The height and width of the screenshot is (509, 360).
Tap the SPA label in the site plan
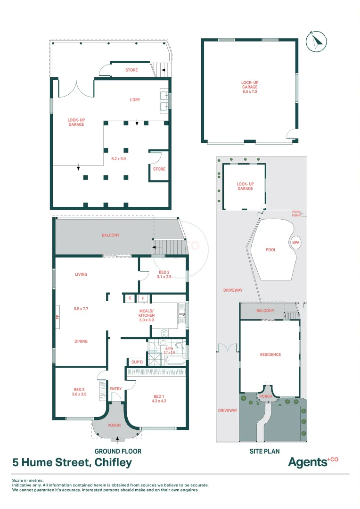point(296,242)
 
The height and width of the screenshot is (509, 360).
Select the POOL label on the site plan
point(270,250)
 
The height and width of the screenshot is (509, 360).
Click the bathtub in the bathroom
point(175,361)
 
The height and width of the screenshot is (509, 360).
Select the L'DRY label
point(135,100)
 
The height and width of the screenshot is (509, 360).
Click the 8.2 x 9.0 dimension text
point(118,159)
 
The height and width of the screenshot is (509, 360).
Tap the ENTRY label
point(115,389)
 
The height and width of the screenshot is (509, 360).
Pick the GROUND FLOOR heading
point(118,451)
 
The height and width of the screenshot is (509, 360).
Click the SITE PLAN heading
point(264,451)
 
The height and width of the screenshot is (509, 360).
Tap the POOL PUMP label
point(296,213)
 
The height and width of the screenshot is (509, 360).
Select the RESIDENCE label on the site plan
point(270,354)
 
